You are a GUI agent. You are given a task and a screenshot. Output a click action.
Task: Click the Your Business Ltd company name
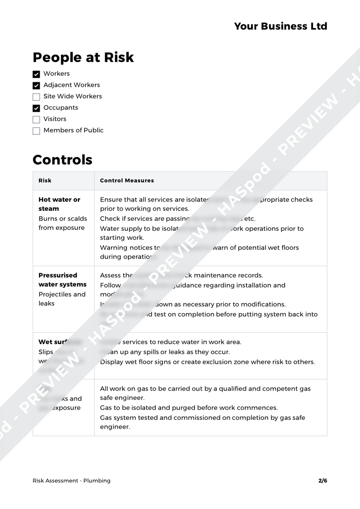tap(281, 26)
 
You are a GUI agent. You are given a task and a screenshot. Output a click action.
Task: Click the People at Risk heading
tap(83, 58)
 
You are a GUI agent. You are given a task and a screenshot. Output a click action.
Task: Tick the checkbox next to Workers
tap(37, 74)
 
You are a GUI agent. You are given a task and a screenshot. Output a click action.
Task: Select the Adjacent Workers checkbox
tap(37, 85)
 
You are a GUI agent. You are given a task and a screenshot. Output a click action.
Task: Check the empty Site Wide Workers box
tap(37, 97)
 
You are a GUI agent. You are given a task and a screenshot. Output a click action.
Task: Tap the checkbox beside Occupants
tap(37, 108)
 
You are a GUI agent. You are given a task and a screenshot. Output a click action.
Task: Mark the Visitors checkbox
tap(37, 119)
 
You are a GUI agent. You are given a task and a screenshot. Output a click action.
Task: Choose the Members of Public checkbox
tap(37, 131)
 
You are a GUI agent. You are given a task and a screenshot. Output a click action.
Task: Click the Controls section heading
tap(63, 160)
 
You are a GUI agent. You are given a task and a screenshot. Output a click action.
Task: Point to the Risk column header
tap(45, 180)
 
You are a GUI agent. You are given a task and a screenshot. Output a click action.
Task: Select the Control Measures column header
tap(127, 180)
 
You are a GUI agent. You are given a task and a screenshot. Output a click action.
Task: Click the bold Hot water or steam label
tap(59, 204)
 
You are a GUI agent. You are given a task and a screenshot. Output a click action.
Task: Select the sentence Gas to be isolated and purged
tap(189, 408)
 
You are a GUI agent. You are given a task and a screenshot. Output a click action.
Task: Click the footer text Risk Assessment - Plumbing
tap(71, 481)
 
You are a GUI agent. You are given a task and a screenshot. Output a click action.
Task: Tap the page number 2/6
tap(323, 481)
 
